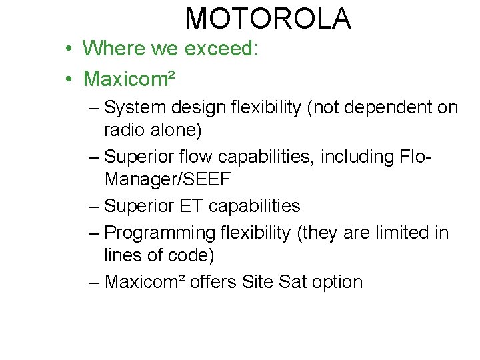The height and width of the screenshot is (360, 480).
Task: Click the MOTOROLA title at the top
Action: pos(268,19)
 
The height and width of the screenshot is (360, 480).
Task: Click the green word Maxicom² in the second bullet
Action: pos(129,79)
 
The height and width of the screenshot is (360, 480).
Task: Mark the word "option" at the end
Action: pos(337,282)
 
